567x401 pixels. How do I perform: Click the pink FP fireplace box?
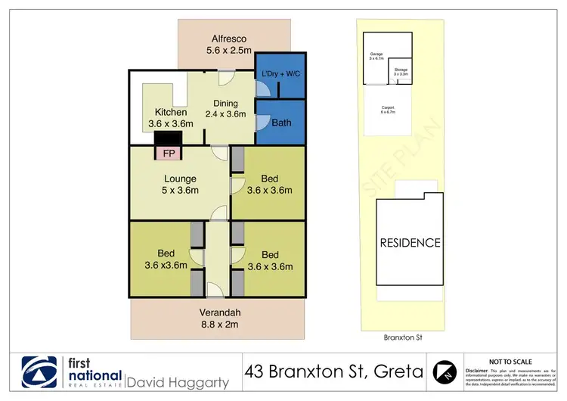point(167,153)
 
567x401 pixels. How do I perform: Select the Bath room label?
point(281,121)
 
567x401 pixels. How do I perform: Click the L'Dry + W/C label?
point(280,73)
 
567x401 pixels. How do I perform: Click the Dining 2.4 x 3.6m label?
point(226,109)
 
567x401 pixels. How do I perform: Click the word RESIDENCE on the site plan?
point(409,243)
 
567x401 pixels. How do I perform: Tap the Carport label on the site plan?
point(388,109)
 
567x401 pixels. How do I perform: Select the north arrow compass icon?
point(445,371)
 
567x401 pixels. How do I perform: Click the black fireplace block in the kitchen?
point(167,138)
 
